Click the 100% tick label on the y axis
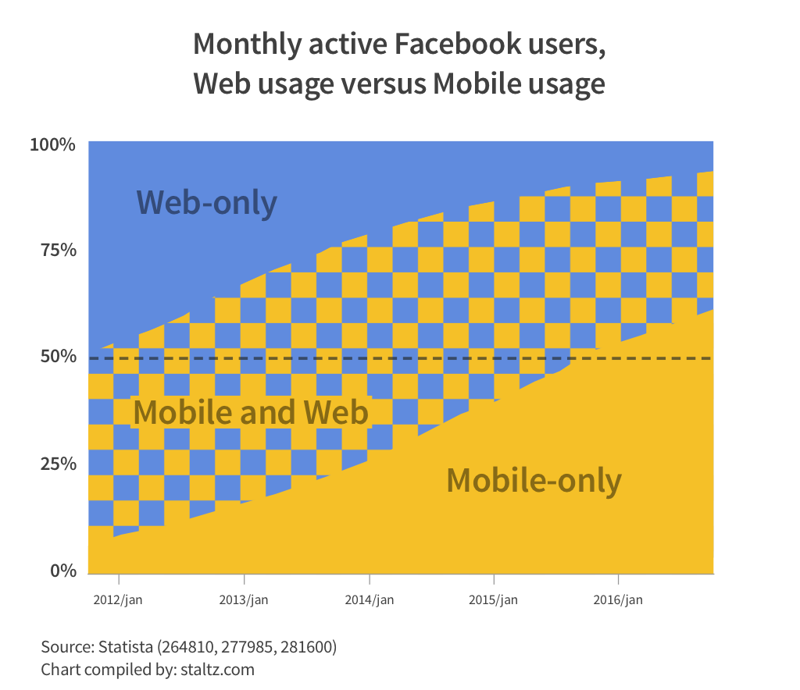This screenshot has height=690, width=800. pyautogui.click(x=52, y=145)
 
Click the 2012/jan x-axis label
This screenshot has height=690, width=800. pyautogui.click(x=118, y=600)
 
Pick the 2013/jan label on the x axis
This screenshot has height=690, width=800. pyautogui.click(x=244, y=600)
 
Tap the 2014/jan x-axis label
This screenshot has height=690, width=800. pyautogui.click(x=369, y=600)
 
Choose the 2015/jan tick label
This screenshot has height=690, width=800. pyautogui.click(x=494, y=600)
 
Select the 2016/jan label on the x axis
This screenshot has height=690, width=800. pyautogui.click(x=618, y=600)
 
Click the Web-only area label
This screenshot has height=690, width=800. pyautogui.click(x=206, y=202)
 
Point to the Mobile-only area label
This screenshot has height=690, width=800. pyautogui.click(x=534, y=480)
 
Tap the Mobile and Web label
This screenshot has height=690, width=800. pyautogui.click(x=250, y=412)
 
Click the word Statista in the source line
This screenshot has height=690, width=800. pyautogui.click(x=126, y=647)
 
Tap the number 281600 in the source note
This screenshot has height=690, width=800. pyautogui.click(x=309, y=647)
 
